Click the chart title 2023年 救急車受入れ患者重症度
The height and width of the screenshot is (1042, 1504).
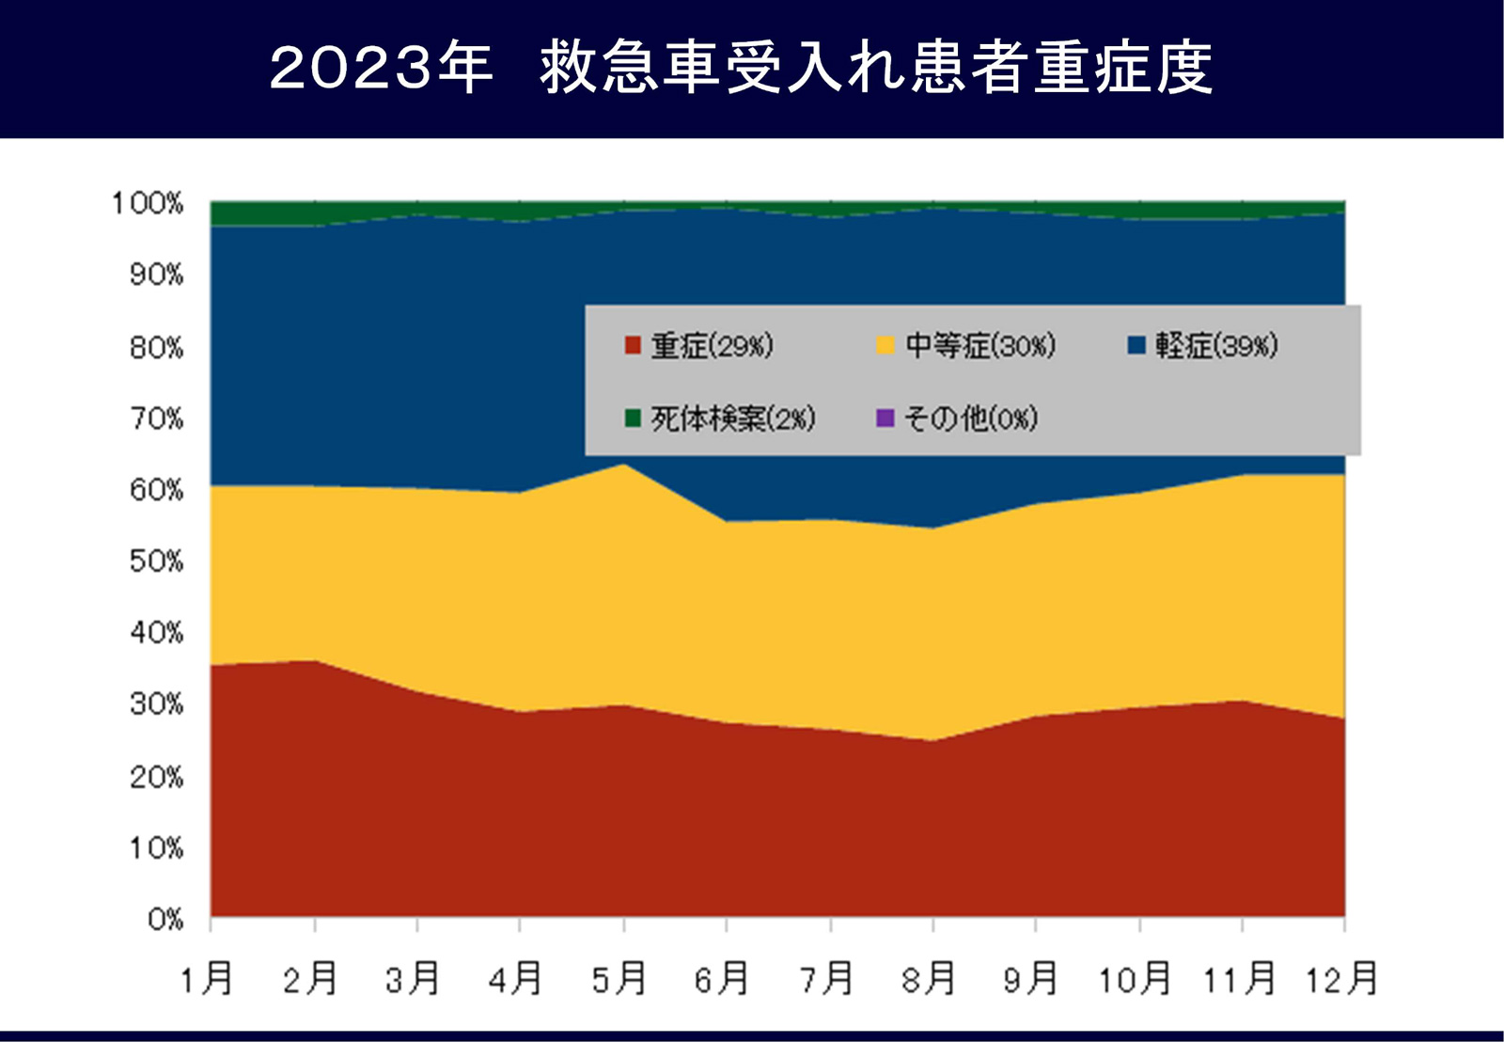(741, 68)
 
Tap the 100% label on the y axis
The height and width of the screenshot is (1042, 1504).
(148, 203)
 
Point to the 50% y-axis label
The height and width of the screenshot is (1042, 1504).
(156, 561)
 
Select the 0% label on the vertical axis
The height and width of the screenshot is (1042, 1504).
(165, 919)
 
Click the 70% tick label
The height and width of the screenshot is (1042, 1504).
(156, 418)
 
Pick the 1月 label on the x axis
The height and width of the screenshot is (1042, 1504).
(207, 979)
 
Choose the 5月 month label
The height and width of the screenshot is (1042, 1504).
(619, 979)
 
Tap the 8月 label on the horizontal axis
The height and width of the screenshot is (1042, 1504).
(929, 979)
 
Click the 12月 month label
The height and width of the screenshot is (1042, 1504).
(1341, 979)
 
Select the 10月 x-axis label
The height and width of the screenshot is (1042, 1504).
(1136, 979)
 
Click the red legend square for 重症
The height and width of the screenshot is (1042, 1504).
(633, 345)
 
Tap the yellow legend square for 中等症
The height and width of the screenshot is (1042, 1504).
(885, 345)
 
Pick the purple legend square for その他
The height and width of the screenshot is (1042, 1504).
(885, 418)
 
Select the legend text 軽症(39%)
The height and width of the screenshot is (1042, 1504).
(1216, 346)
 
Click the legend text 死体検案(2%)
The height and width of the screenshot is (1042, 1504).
(733, 418)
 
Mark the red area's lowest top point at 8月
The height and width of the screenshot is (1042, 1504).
(932, 741)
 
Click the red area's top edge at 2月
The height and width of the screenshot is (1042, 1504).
(315, 661)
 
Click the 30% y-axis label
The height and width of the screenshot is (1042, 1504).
(156, 704)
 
